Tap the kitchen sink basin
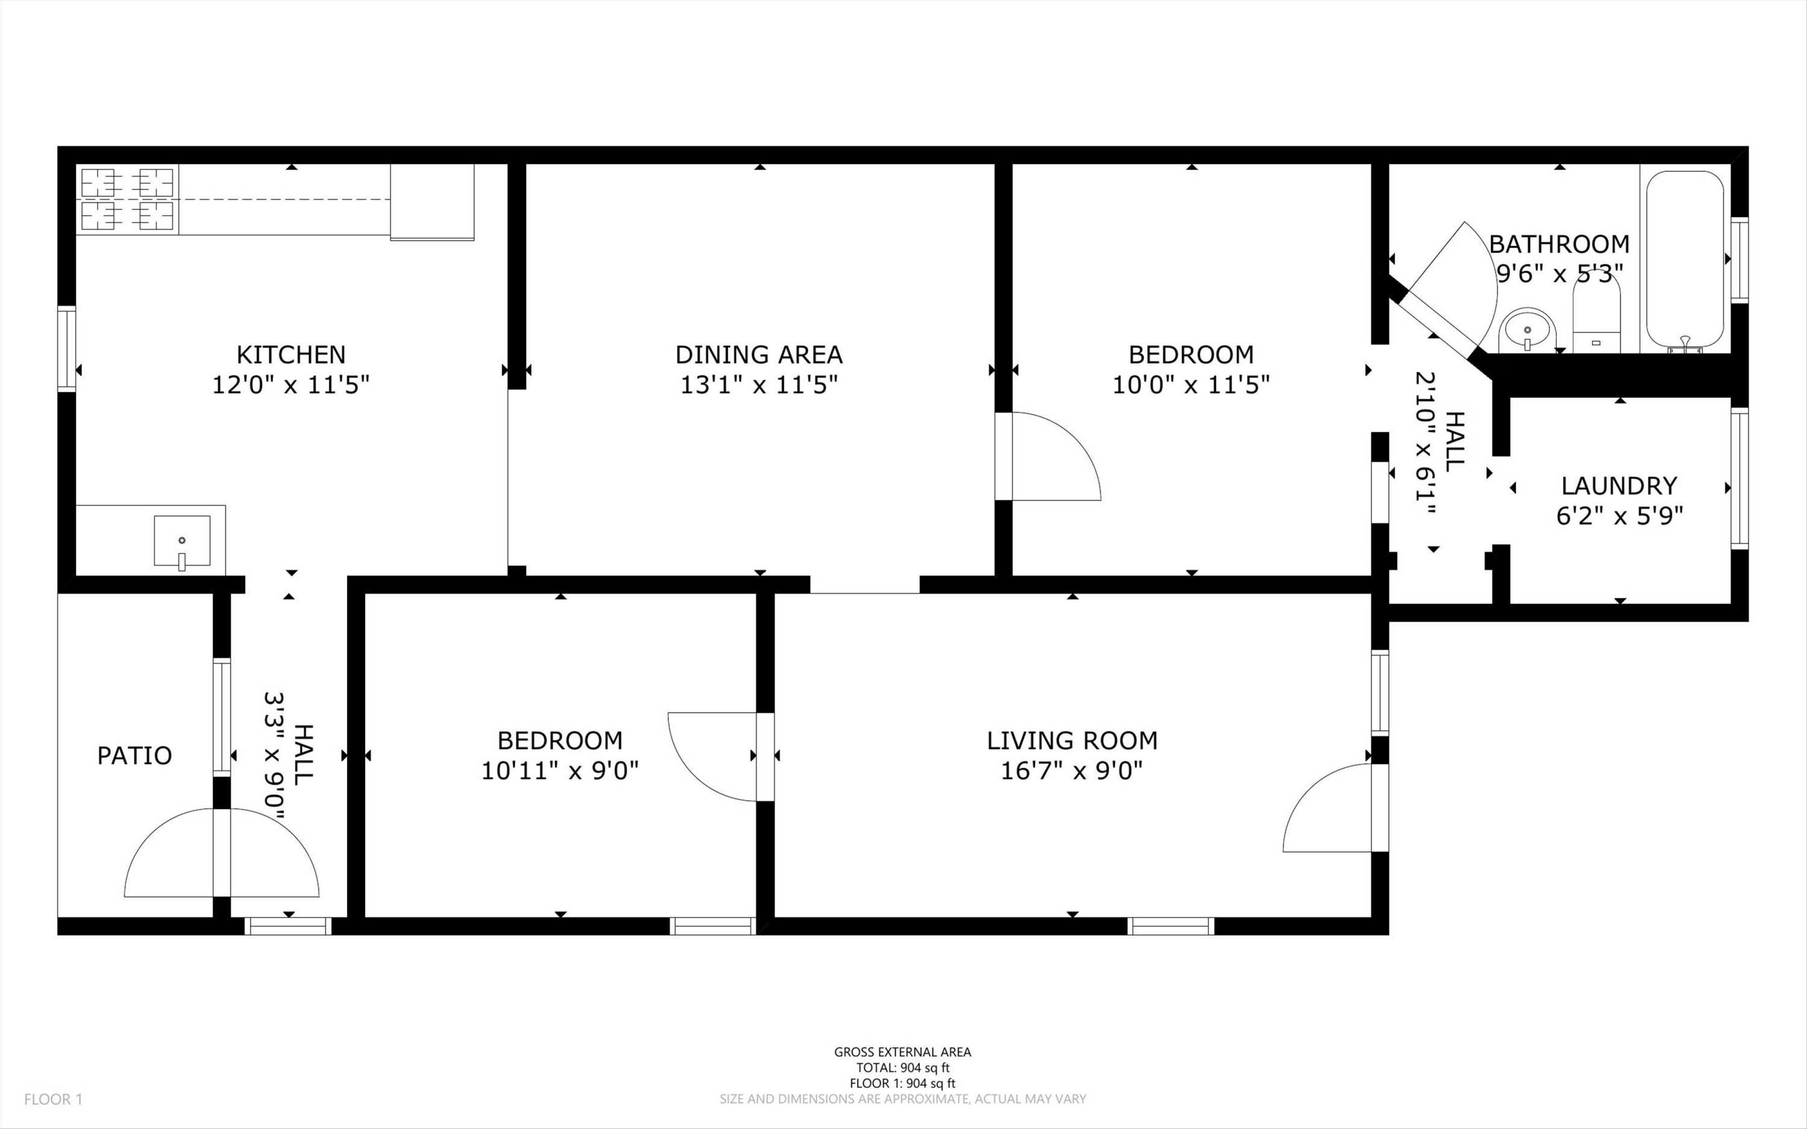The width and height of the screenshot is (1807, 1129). tap(182, 540)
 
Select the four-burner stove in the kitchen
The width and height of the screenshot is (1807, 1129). tap(128, 199)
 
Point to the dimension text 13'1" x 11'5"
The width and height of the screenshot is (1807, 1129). tap(758, 386)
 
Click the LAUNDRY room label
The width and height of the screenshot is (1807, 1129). tap(1619, 486)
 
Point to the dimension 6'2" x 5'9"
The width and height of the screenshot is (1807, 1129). tap(1619, 516)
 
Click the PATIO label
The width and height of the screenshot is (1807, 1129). tap(134, 755)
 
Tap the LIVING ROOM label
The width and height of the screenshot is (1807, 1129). tap(1072, 741)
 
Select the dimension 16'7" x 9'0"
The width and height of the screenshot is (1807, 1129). tap(1072, 771)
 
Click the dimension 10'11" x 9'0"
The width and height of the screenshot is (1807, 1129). tap(560, 771)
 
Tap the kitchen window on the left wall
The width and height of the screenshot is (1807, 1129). tap(67, 348)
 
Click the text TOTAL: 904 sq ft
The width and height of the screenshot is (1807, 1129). tap(902, 1068)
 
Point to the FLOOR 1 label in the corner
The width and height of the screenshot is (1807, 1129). tap(54, 1099)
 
